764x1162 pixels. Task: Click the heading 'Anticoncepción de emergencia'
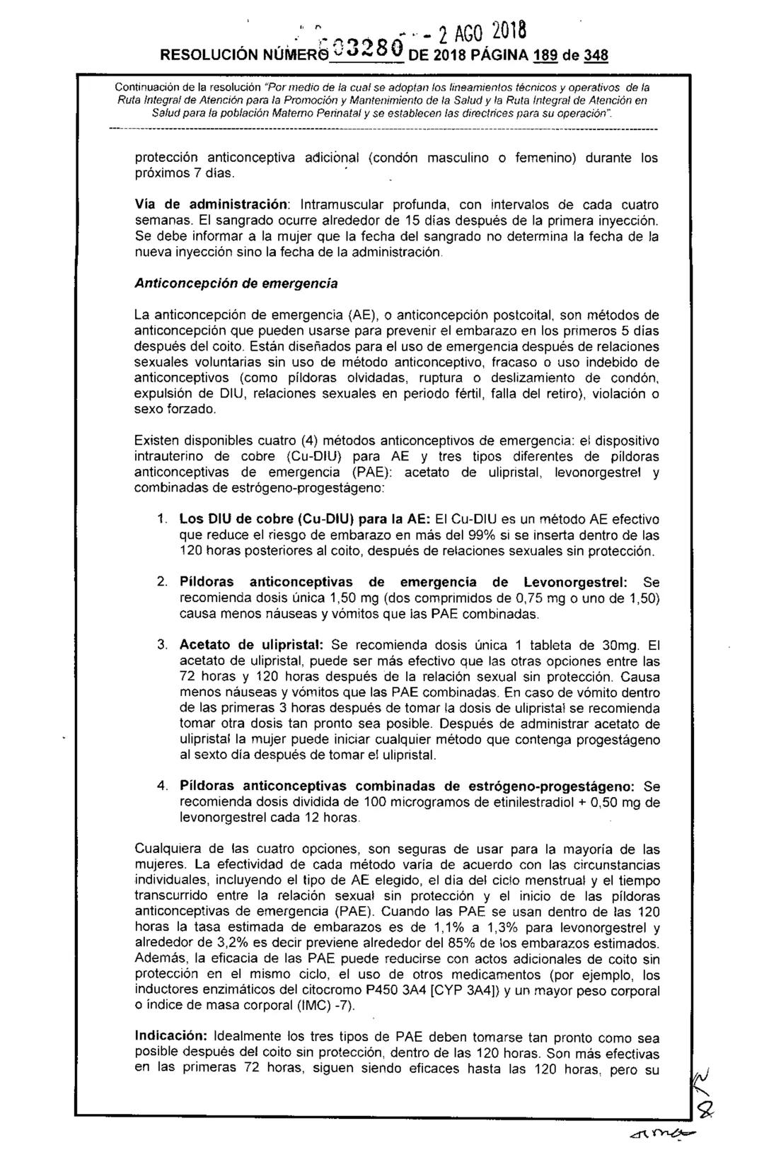pyautogui.click(x=236, y=283)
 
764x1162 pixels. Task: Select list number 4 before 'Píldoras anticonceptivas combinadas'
pyautogui.click(x=162, y=786)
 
